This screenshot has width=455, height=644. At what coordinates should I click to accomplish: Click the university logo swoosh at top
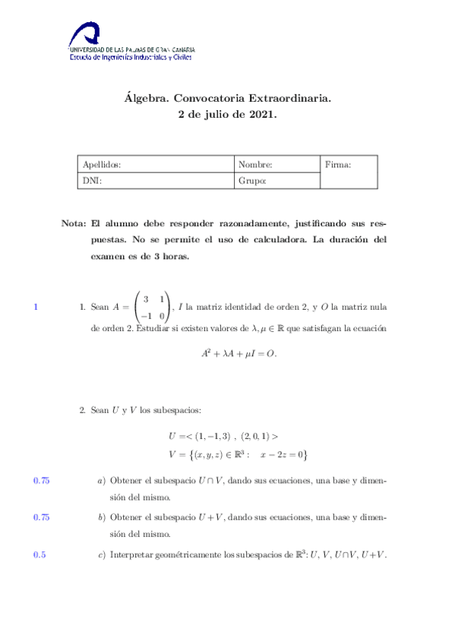pyautogui.click(x=84, y=33)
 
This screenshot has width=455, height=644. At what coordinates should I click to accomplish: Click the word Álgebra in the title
pyautogui.click(x=145, y=98)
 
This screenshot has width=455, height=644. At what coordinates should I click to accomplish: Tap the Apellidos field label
pyautogui.click(x=101, y=164)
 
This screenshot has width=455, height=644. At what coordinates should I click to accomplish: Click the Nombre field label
pyautogui.click(x=254, y=164)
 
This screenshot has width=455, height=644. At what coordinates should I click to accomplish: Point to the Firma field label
pyautogui.click(x=337, y=164)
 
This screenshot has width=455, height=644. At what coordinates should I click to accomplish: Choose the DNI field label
pyautogui.click(x=90, y=181)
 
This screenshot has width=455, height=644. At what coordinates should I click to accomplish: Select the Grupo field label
pyautogui.click(x=251, y=181)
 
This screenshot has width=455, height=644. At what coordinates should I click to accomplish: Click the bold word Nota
pyautogui.click(x=73, y=224)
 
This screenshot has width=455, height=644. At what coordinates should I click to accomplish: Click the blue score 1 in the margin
pyautogui.click(x=36, y=308)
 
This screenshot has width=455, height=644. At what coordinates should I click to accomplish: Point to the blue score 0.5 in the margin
pyautogui.click(x=39, y=554)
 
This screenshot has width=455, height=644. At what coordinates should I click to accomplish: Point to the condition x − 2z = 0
pyautogui.click(x=281, y=454)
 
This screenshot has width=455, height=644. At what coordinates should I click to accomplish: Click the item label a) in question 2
pyautogui.click(x=101, y=481)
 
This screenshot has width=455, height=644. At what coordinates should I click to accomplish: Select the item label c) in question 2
pyautogui.click(x=101, y=554)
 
